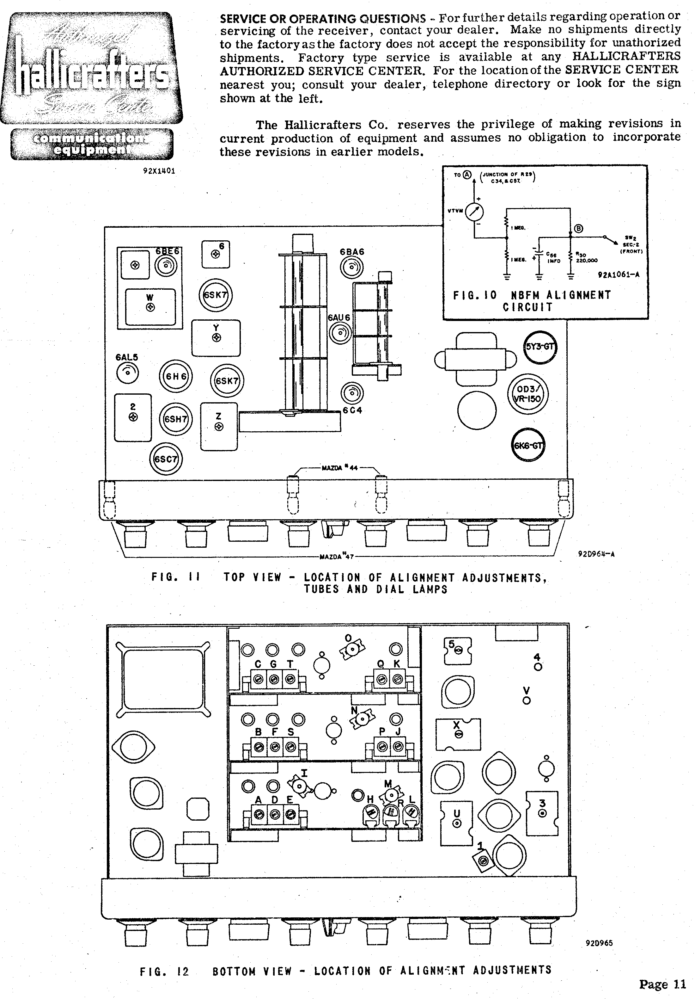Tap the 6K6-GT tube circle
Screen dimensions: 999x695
(x=527, y=445)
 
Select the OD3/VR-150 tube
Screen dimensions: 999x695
(x=527, y=395)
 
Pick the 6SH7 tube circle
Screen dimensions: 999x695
(x=175, y=419)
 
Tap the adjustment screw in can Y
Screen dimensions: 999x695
(x=216, y=338)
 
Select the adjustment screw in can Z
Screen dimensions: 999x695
(x=219, y=427)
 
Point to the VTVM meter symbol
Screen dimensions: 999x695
(x=474, y=212)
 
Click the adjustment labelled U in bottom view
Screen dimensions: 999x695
(x=457, y=823)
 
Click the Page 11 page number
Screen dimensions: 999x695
(x=662, y=984)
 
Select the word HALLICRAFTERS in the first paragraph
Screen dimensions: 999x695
(x=626, y=56)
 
